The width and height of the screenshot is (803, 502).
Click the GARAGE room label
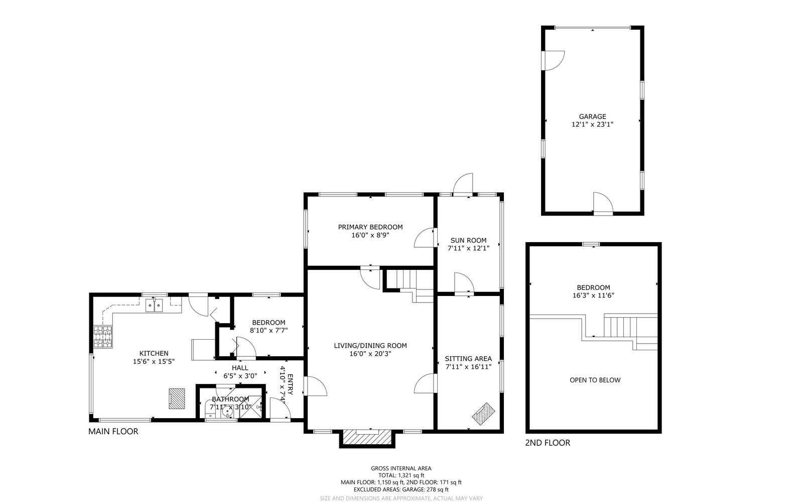click(x=592, y=117)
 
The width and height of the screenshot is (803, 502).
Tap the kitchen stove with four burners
click(x=102, y=337)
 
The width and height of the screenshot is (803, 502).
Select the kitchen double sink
click(x=155, y=305)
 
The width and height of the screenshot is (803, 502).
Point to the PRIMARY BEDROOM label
click(x=370, y=227)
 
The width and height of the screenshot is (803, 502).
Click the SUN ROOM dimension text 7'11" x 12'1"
click(x=468, y=248)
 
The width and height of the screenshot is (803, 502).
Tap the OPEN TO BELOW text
click(x=595, y=380)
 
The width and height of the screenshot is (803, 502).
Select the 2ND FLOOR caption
click(x=547, y=443)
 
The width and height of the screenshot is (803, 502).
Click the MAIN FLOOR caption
click(x=113, y=431)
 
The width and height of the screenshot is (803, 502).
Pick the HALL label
click(x=240, y=368)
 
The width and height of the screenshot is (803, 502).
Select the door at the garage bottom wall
click(x=604, y=204)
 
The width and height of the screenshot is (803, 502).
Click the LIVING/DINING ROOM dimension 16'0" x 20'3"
click(x=370, y=353)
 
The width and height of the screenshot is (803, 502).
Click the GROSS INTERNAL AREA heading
click(x=401, y=468)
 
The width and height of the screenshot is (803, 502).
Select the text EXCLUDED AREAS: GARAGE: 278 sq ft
click(x=401, y=489)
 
